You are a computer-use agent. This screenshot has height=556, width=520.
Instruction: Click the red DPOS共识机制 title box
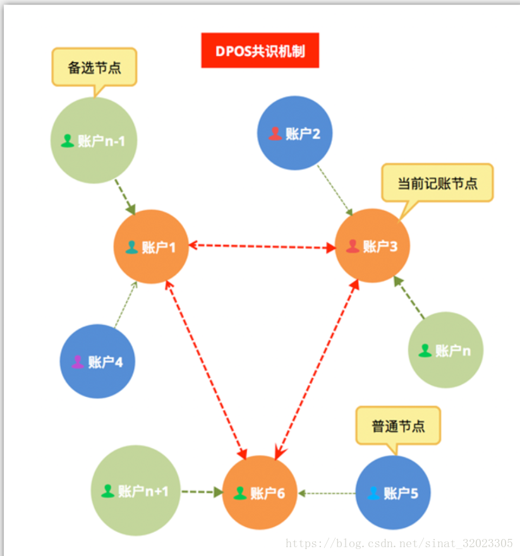point(260,50)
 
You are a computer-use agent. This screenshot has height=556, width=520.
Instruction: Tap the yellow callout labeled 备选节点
point(94,67)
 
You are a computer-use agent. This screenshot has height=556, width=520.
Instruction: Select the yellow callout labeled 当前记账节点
point(437,183)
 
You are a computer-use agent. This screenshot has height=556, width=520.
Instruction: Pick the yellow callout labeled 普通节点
point(397,426)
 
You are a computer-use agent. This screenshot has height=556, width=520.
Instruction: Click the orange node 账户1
point(151,247)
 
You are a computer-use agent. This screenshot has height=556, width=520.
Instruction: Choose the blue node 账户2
point(294,133)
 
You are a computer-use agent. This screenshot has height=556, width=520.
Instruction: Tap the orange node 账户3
point(372,245)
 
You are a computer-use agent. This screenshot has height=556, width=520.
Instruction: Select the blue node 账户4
point(97,362)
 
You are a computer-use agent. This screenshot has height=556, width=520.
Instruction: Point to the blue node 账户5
point(393,493)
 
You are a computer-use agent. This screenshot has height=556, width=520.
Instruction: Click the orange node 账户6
point(260,493)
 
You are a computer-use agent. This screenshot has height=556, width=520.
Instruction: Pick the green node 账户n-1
point(94,141)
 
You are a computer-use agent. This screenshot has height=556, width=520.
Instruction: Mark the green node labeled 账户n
point(445,350)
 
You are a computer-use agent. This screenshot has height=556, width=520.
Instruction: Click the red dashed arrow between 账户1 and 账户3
point(262,246)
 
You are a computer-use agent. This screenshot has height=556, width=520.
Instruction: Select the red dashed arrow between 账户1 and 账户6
point(205,369)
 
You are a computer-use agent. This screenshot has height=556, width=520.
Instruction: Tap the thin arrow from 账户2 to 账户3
point(334,189)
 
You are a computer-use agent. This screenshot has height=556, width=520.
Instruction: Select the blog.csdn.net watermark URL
point(399,543)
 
